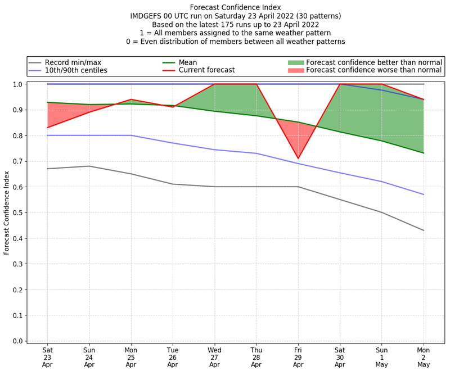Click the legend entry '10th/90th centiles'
point(76,70)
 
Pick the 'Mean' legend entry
point(189,62)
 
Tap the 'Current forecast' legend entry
point(206,70)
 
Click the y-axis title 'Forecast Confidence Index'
point(7,212)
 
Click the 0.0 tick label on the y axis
point(17,341)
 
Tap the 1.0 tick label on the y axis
point(17,84)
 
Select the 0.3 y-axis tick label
point(17,264)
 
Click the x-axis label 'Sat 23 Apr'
point(48,356)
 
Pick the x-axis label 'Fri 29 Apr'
point(298,356)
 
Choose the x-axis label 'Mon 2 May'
point(423,356)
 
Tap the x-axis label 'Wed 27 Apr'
point(214,356)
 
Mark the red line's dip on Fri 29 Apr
point(298,159)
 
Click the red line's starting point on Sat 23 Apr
point(48,128)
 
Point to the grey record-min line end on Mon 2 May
point(423,230)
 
